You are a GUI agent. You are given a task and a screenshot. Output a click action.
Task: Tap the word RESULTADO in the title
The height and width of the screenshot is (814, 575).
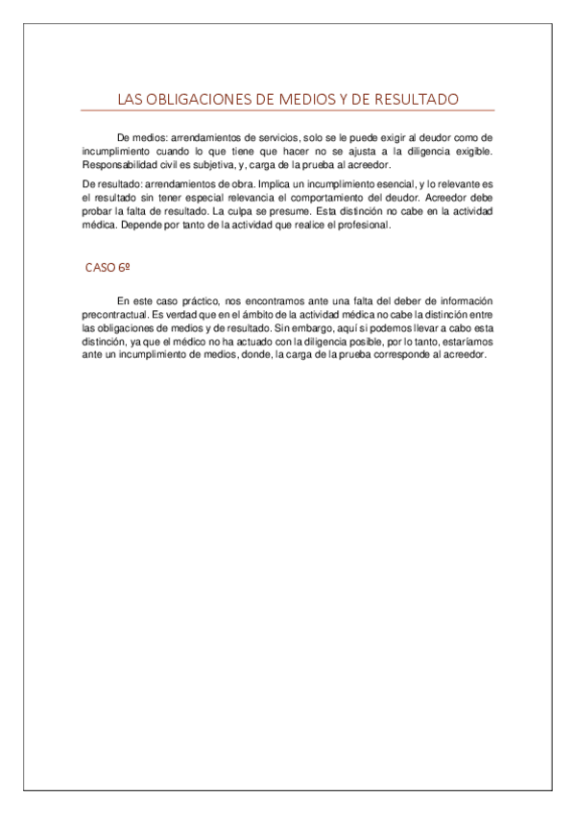click(414, 100)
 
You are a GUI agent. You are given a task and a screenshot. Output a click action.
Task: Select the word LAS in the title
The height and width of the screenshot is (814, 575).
click(130, 100)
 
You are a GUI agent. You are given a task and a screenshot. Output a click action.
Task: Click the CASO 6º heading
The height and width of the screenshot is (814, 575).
click(108, 268)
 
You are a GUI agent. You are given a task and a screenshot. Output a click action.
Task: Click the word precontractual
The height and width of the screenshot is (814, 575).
click(116, 315)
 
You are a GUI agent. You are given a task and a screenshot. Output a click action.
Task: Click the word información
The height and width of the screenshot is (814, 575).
click(466, 301)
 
